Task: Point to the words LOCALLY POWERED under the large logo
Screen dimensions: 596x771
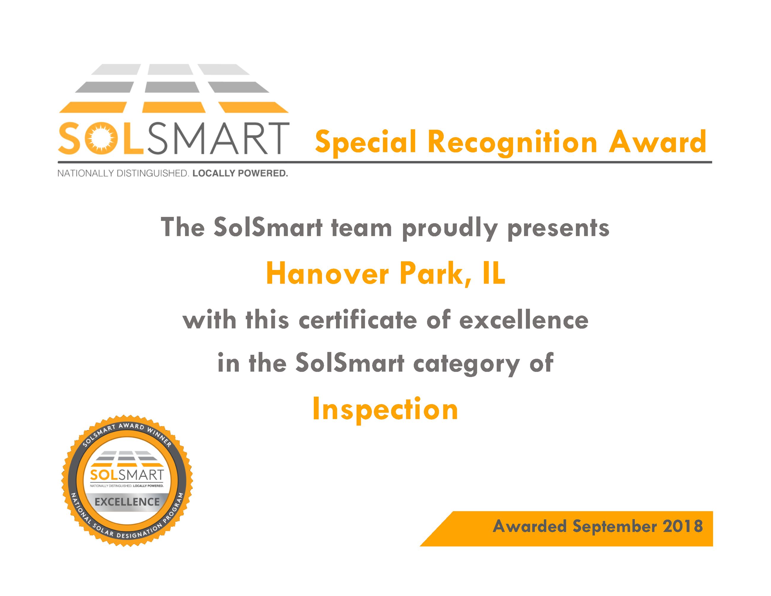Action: (240, 173)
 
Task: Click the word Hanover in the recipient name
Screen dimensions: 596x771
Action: (327, 274)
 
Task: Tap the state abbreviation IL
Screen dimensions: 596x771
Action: (493, 274)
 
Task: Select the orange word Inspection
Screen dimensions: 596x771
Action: (385, 410)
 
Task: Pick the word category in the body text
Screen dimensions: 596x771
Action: (466, 364)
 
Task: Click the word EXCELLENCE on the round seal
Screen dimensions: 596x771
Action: (127, 502)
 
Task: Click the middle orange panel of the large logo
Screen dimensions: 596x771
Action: (174, 107)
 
